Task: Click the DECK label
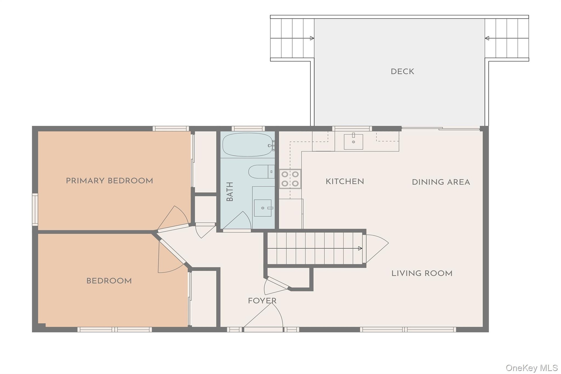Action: pos(402,72)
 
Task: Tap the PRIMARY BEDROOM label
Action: pos(109,181)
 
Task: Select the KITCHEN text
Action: pos(345,182)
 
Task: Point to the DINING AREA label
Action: pos(441,182)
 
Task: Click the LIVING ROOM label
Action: pos(422,273)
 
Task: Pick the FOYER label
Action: pos(262,301)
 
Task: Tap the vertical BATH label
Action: pos(230,192)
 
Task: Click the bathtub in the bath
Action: pos(248,145)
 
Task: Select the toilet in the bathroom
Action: pos(262,172)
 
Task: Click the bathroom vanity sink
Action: pos(263,208)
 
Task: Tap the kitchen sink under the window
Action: pos(353,142)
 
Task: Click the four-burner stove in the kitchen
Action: pos(290,179)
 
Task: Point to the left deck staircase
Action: pos(292,38)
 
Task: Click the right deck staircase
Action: pos(507,38)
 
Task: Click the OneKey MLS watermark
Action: pos(531,368)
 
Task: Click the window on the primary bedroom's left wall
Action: pos(35,209)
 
